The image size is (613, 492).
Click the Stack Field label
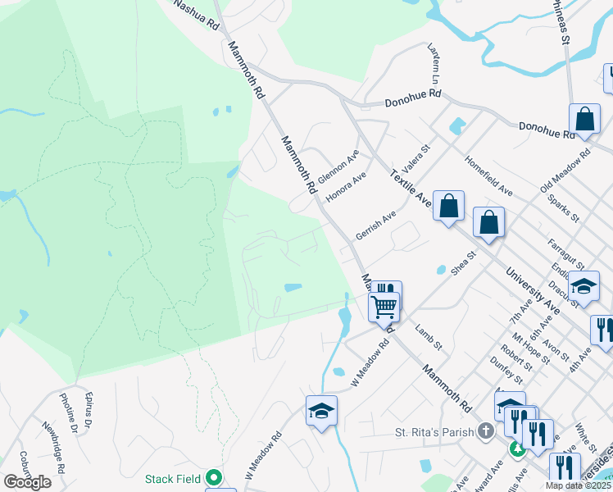point(172,478)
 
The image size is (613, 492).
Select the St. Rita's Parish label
point(435,430)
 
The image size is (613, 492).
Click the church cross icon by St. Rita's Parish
point(486,430)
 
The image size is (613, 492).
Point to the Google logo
point(27,482)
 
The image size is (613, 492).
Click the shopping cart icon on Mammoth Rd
point(384,307)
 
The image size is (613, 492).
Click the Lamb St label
point(428,337)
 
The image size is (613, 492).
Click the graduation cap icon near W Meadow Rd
point(321,411)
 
